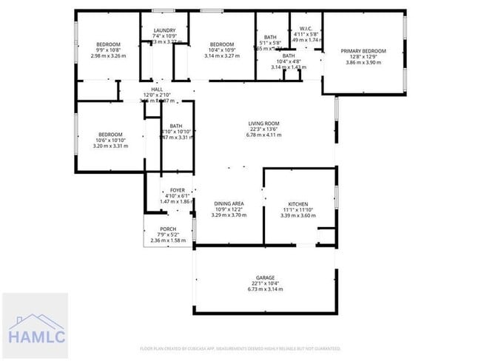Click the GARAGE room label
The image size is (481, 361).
265,277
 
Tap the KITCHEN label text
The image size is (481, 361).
298,203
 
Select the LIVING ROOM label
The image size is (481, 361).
263,124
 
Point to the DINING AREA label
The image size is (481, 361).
229,203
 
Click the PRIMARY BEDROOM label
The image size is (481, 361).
363,51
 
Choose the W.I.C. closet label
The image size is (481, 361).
305,28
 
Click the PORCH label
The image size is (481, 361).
168,229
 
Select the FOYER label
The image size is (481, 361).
177,190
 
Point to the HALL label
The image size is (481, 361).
157,88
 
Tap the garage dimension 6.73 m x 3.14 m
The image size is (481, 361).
265,289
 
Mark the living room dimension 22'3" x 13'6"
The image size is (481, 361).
263,129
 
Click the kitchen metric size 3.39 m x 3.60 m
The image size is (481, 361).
298,215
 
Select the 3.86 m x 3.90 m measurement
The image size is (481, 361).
363,63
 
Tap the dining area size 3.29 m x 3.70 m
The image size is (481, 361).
229,215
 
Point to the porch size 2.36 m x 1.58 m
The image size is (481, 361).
168,240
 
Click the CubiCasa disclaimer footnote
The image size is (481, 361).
240,348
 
